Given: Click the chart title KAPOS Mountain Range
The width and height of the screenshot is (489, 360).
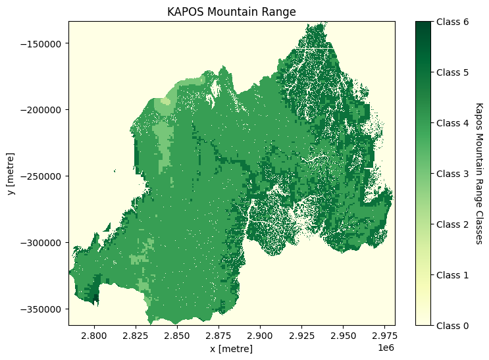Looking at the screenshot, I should click(232, 12).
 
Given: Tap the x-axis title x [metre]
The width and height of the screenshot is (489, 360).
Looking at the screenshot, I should click(232, 349).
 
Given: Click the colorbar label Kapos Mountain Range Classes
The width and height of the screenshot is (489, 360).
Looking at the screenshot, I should click(478, 173).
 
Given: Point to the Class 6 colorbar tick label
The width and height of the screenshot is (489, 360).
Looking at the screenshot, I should click(451, 22).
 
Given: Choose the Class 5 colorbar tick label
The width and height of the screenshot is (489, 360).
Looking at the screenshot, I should click(451, 72).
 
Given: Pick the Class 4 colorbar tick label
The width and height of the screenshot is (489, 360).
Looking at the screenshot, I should click(451, 123).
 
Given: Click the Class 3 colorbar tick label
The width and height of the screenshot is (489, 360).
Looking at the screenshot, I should click(451, 174).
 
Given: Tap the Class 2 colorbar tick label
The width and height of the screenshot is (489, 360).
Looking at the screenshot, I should click(451, 224).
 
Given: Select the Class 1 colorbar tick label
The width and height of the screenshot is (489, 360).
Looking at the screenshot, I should click(451, 274).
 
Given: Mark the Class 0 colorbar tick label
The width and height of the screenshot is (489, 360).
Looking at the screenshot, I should click(451, 325).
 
